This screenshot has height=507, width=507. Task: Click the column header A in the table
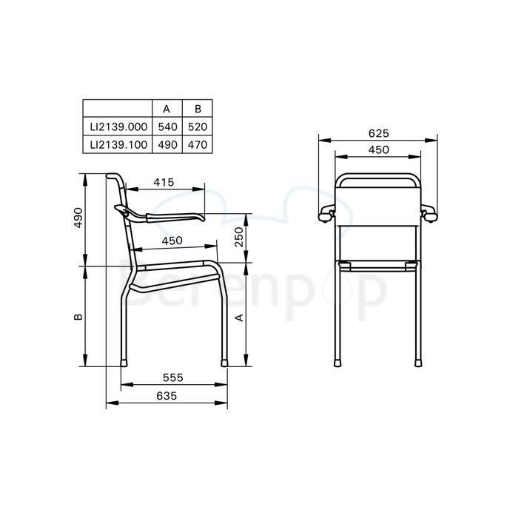click(x=167, y=110)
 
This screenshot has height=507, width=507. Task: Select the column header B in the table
click(x=197, y=110)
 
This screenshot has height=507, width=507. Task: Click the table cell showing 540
click(x=167, y=127)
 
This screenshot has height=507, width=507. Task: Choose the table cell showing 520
click(x=197, y=127)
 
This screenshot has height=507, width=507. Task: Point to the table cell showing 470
click(x=197, y=145)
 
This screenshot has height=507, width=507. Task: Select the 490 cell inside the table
click(x=167, y=145)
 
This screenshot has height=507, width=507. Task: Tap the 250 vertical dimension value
click(x=239, y=238)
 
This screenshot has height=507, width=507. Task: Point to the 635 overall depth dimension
click(x=167, y=396)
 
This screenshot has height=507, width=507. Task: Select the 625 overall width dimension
click(x=378, y=133)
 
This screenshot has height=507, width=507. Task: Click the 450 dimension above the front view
click(x=378, y=150)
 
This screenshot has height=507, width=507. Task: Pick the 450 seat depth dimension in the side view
click(x=172, y=241)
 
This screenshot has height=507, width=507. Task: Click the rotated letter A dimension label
click(x=239, y=317)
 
